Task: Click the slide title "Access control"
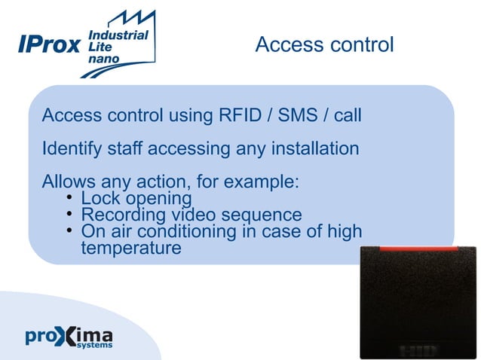(324, 45)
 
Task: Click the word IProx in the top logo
(49, 45)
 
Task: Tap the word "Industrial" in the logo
(118, 35)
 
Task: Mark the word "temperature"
(130, 247)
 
